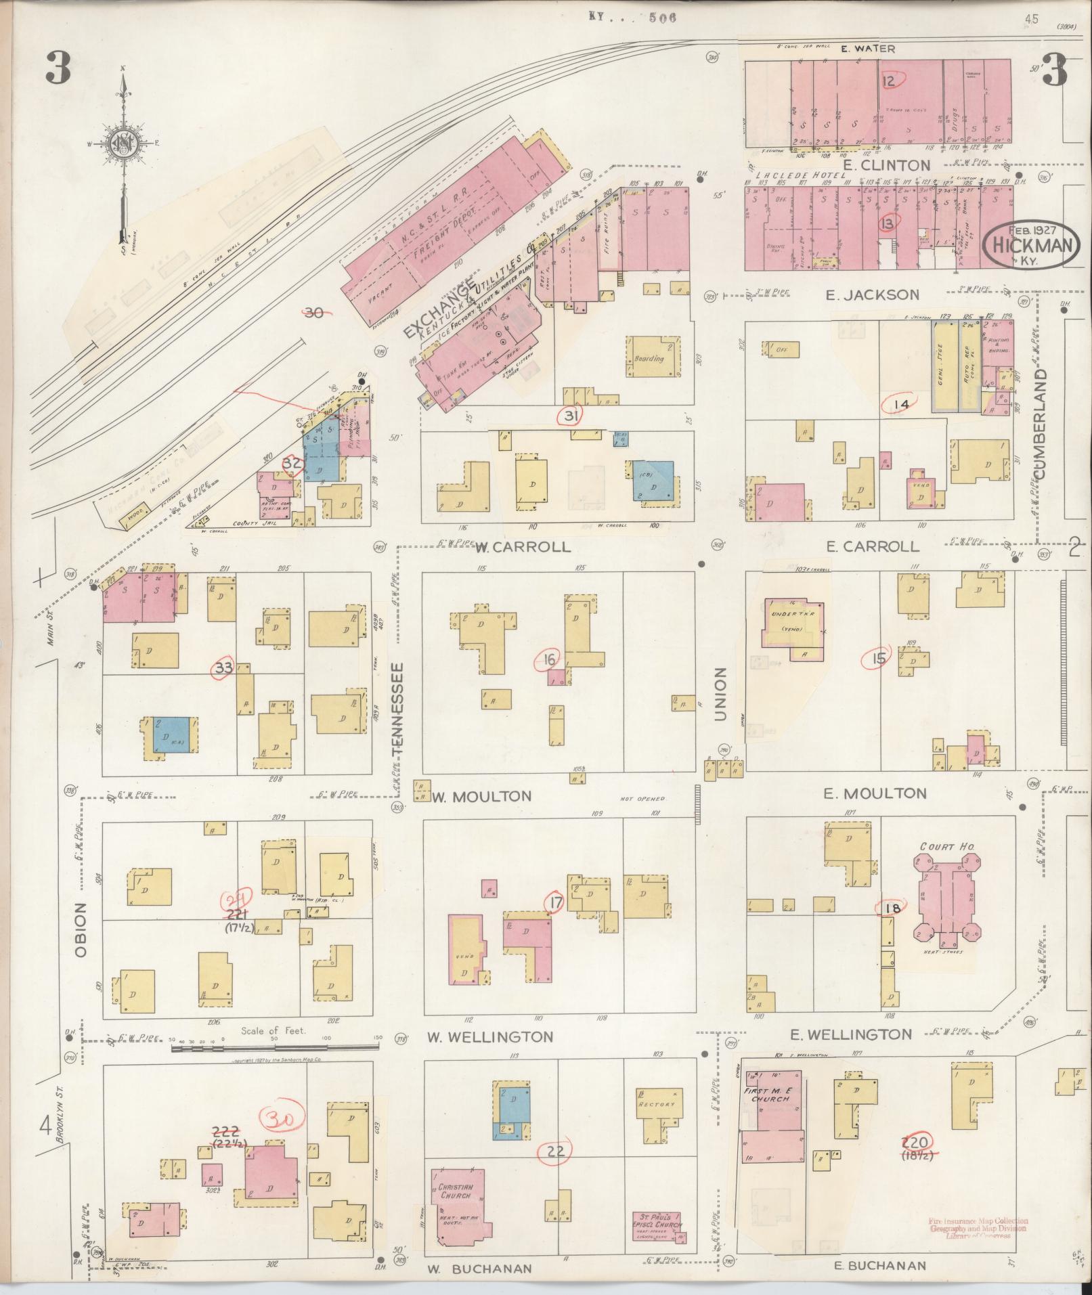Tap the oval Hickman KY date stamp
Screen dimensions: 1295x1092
[x=1032, y=244]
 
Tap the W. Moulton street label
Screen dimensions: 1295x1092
[x=482, y=796]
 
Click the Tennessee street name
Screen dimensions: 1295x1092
[x=398, y=708]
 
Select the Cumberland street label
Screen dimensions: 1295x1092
[x=1041, y=424]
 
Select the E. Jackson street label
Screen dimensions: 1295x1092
[x=873, y=294]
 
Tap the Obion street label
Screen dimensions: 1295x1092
[x=81, y=929]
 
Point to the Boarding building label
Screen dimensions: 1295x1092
[x=649, y=359]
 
